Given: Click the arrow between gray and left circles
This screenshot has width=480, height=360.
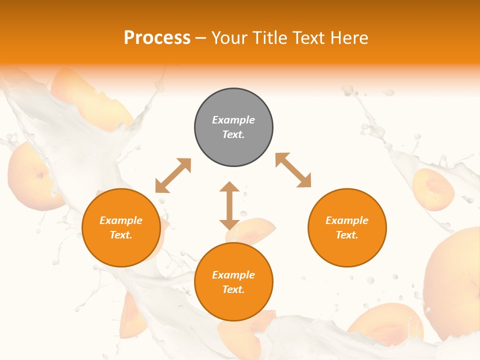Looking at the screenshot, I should [x=173, y=175].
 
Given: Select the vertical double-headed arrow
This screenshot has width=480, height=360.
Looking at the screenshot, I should [x=229, y=205].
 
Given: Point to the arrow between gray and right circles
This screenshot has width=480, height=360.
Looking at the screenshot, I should [x=293, y=170].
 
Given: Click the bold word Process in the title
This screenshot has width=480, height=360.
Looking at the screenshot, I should [x=157, y=38].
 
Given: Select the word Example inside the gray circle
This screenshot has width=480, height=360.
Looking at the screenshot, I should [x=233, y=120].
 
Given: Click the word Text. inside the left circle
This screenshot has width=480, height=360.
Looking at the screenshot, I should [x=121, y=235].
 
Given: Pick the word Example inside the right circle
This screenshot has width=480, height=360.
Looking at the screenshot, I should [x=347, y=220].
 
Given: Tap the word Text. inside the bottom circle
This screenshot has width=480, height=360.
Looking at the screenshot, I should [x=233, y=289].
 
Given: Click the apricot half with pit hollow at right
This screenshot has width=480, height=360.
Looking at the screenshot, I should [x=433, y=189].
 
